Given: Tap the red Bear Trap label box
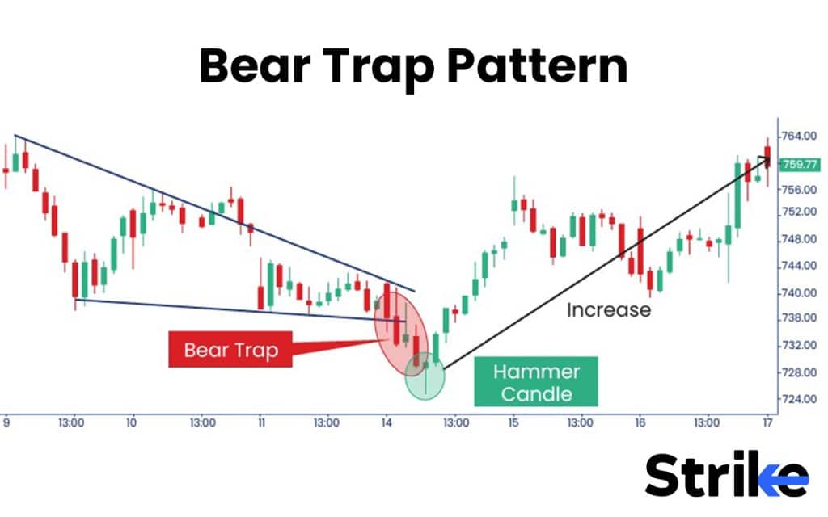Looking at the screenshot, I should point(230,350).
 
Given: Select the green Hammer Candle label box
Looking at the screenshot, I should point(537,382).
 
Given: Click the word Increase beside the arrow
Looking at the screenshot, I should point(608,309).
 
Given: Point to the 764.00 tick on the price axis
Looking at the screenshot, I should point(798,136).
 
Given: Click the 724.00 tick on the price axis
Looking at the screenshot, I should point(798,399).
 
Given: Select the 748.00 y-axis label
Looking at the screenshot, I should point(798,240).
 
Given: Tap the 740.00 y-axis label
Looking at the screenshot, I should point(798,293).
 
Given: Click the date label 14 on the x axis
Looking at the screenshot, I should point(386,422).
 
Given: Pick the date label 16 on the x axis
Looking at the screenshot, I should point(639,422).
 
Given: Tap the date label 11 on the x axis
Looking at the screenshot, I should point(260,422).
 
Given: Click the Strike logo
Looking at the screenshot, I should point(725,474).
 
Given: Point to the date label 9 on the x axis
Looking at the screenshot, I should point(6,422).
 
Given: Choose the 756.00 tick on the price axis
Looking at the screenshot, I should point(798,189).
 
